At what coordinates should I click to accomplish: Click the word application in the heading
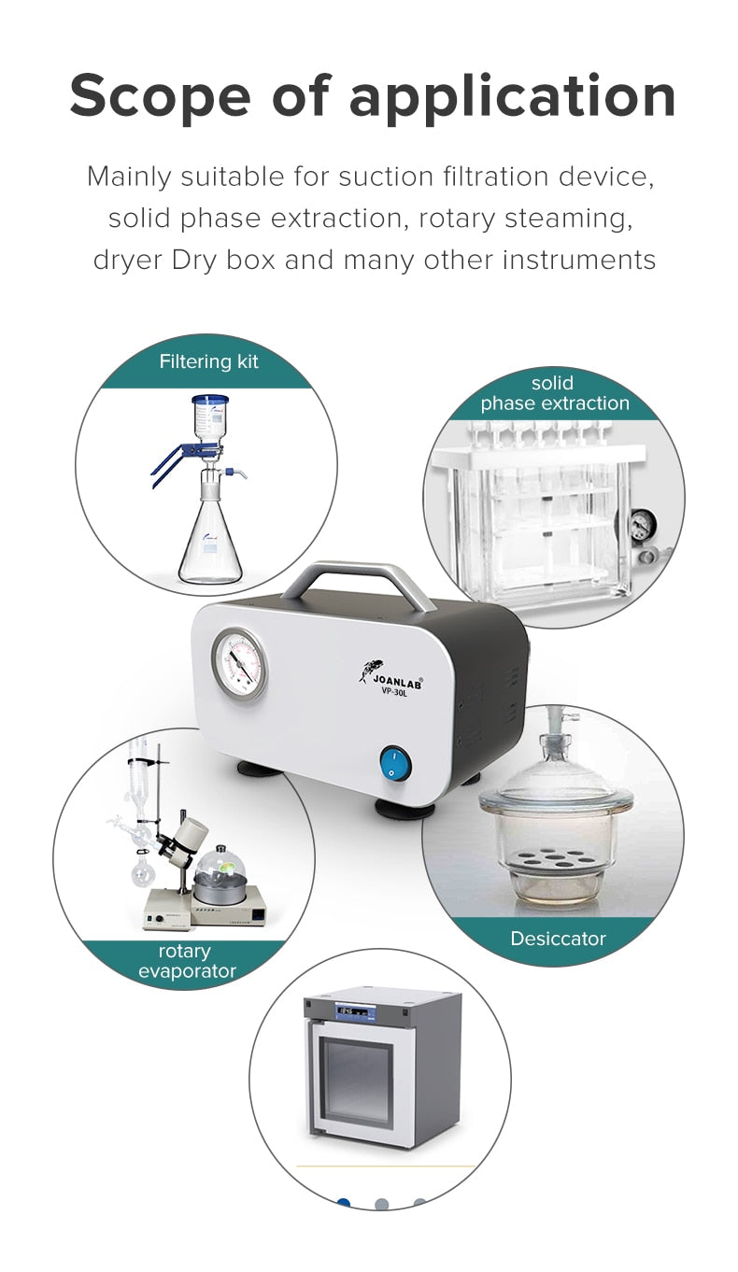pos(513,97)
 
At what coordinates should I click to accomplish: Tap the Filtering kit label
pos(208,361)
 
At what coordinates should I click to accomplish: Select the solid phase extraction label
pos(555,393)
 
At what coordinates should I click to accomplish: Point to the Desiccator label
pos(558,939)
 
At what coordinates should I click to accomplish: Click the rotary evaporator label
pos(184,961)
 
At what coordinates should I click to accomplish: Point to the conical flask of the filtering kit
pos(209,546)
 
